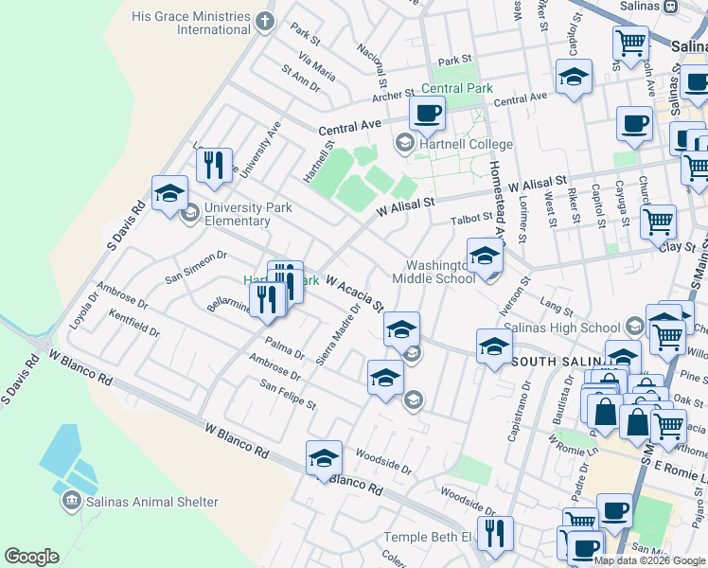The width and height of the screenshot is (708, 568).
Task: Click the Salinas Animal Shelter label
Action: pos(151,502)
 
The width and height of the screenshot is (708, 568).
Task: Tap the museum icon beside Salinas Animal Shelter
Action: pos(72,501)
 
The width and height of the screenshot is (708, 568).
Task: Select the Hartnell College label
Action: pos(467,145)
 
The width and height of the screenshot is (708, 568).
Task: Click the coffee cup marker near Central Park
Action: pos(427,114)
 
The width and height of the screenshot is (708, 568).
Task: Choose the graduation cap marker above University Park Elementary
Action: pos(169,194)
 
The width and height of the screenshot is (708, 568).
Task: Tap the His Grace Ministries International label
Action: pos(191,23)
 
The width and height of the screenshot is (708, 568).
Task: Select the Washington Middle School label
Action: pos(441,272)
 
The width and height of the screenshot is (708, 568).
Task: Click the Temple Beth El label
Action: pos(426,537)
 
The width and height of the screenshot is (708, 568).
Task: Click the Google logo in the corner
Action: pos(31,557)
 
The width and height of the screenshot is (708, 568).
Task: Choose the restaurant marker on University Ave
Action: pos(215,165)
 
